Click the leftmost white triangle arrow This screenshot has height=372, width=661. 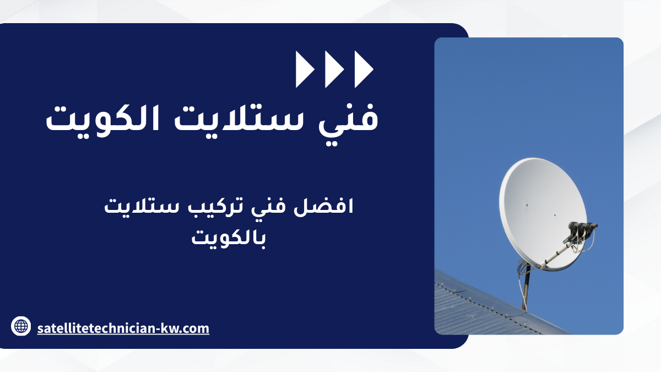click(x=304, y=69)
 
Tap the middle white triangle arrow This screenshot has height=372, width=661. click(x=333, y=69)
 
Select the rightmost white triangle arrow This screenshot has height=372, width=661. click(x=362, y=69)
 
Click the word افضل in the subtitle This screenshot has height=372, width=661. click(x=323, y=206)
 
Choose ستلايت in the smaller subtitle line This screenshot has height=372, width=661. click(x=142, y=206)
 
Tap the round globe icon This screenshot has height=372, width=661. click(x=21, y=326)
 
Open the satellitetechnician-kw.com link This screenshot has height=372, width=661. click(x=123, y=328)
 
